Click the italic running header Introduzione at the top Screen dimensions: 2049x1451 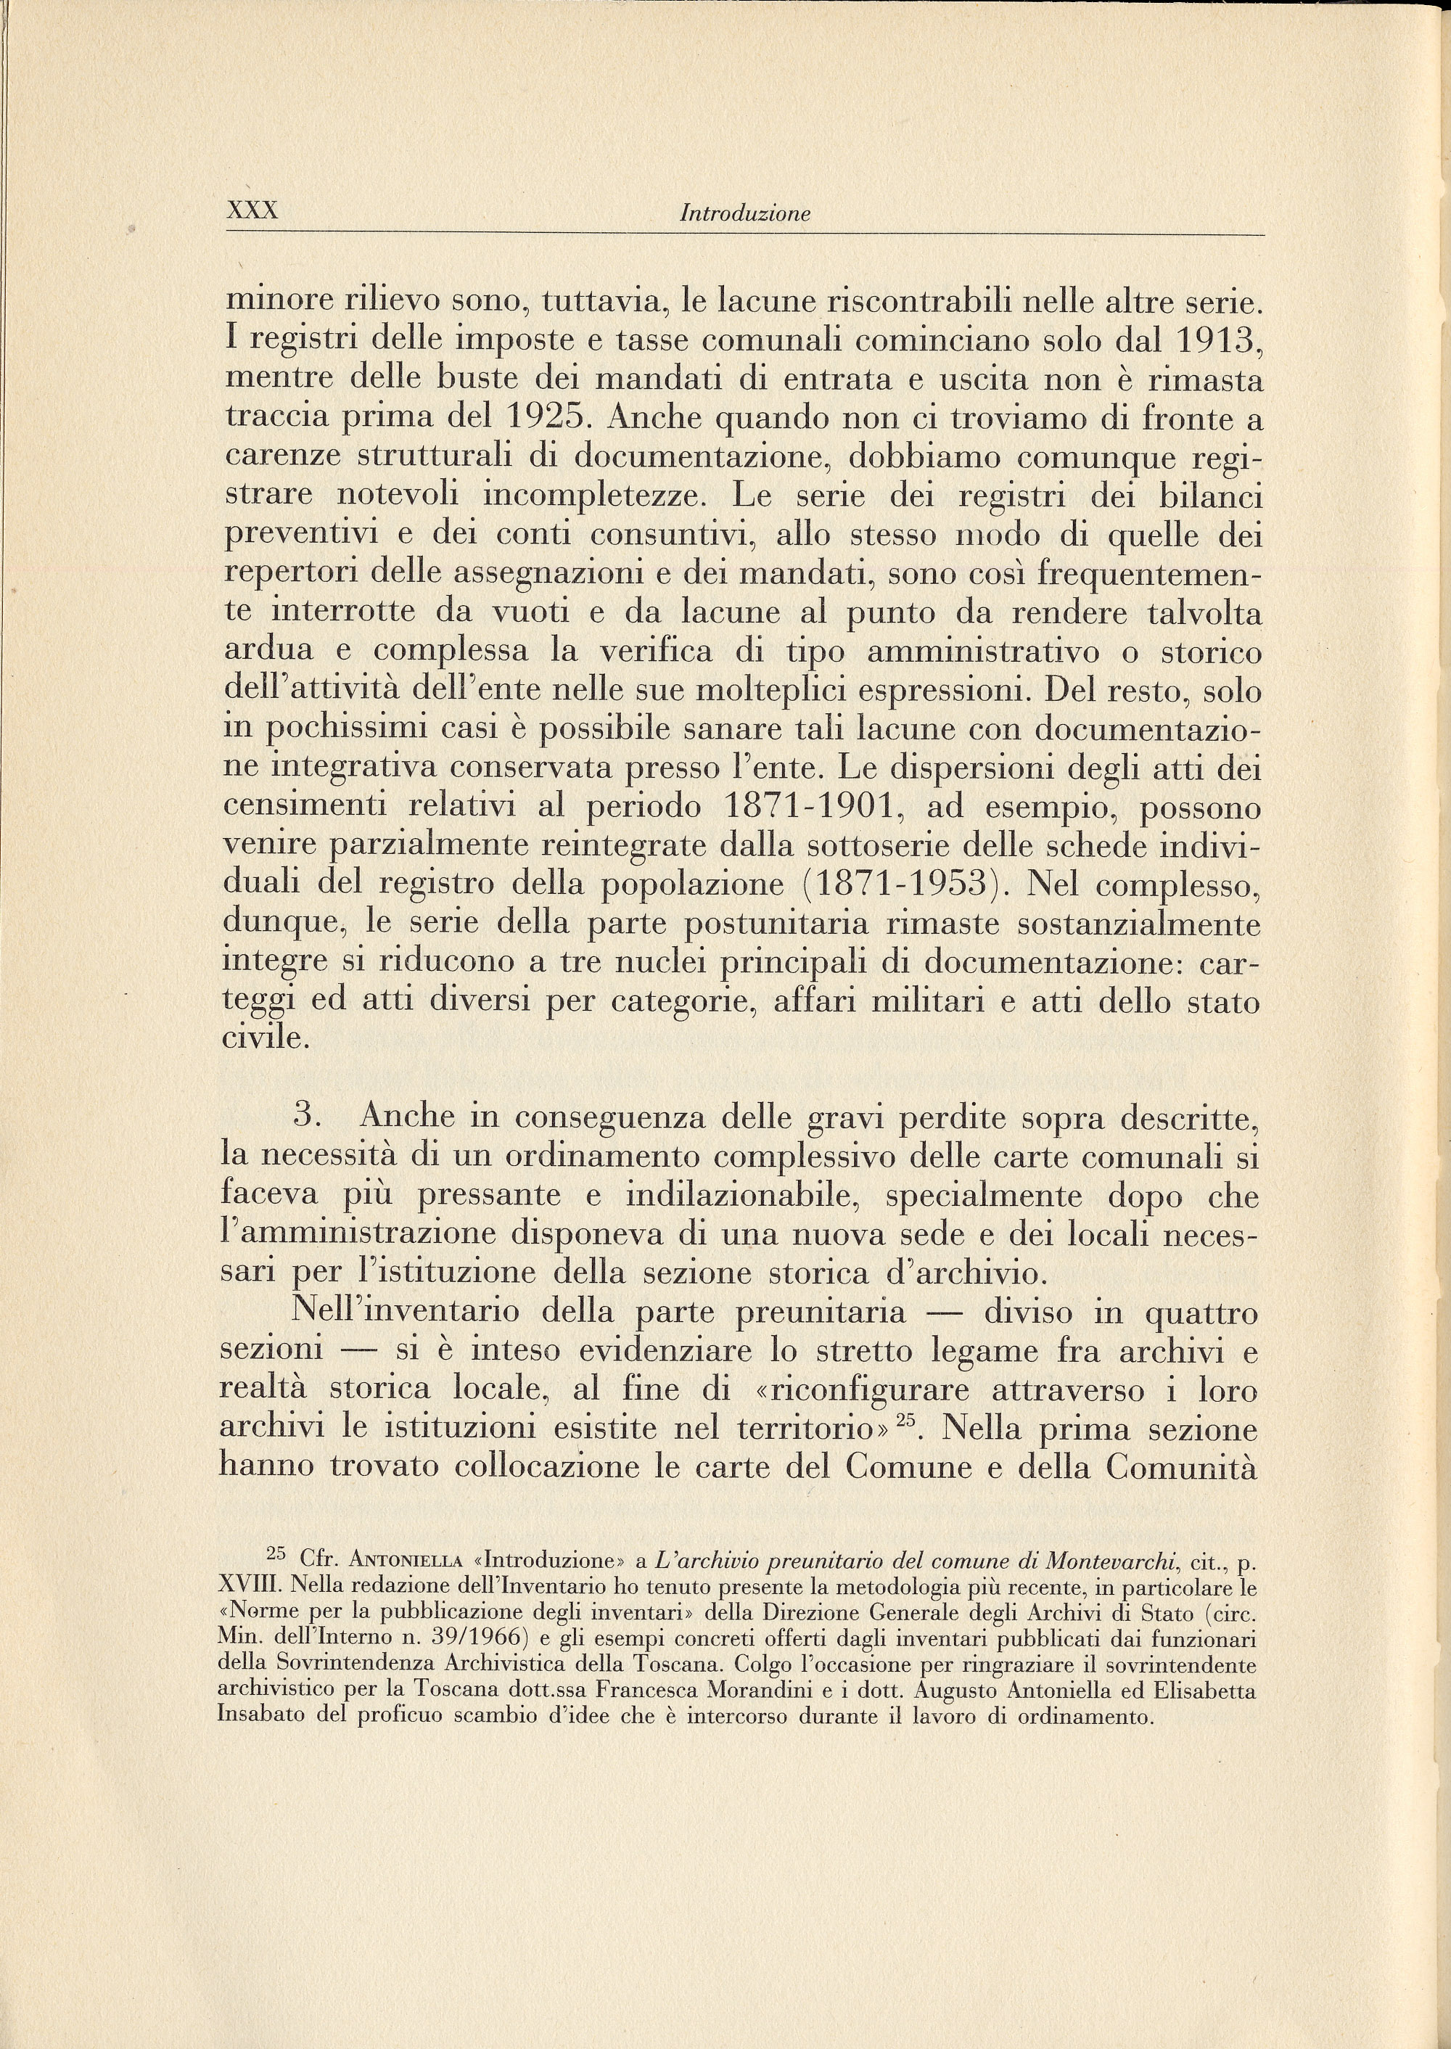point(744,215)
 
